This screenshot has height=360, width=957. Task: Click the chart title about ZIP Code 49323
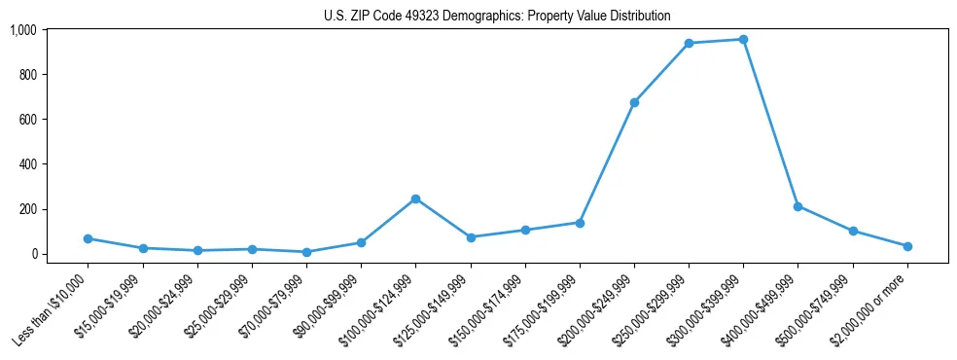click(497, 17)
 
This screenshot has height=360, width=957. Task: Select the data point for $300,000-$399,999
click(743, 40)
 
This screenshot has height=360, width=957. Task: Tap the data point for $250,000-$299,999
click(689, 44)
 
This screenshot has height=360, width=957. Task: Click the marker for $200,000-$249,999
click(634, 102)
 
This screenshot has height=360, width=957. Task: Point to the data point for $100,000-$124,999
click(415, 198)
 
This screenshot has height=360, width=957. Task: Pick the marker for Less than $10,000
click(88, 238)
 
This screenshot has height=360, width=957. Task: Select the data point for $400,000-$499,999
click(797, 206)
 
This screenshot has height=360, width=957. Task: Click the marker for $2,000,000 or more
click(907, 246)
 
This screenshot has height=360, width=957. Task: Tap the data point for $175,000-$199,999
click(580, 223)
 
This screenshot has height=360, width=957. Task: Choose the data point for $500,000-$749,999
click(853, 232)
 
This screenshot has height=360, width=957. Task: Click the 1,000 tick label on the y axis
click(23, 30)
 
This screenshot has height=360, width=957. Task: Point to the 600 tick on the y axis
click(29, 120)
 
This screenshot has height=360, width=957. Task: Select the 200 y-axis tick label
click(29, 209)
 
